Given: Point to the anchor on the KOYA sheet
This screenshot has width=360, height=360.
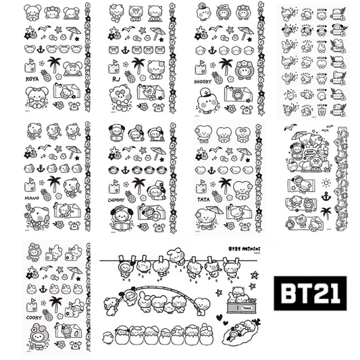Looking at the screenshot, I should [41, 50].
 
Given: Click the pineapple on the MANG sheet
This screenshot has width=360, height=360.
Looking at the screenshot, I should [45, 193].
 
